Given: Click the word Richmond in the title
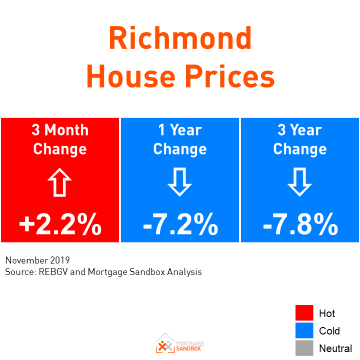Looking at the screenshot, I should click(x=180, y=39).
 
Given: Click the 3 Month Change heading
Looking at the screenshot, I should click(x=60, y=139).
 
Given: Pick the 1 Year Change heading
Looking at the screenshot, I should click(x=180, y=139).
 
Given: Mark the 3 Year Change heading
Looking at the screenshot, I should click(x=300, y=139).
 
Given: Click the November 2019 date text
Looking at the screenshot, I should click(x=37, y=260).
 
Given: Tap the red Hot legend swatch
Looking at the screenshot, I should click(x=304, y=313).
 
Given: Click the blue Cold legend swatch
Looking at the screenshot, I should click(x=304, y=330).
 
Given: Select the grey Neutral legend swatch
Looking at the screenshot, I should click(x=304, y=348).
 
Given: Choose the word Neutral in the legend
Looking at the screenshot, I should click(x=335, y=348).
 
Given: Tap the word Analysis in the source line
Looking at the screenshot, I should click(x=184, y=272).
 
